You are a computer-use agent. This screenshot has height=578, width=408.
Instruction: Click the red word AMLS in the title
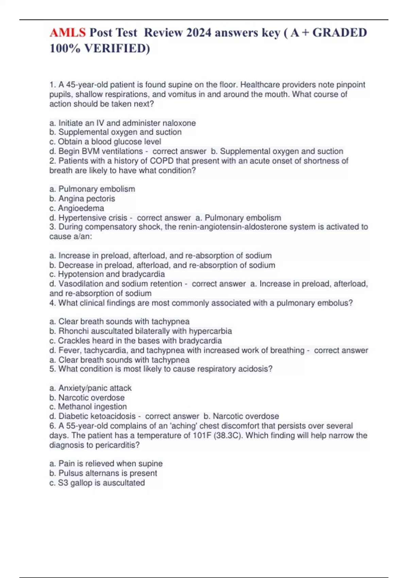(x=67, y=33)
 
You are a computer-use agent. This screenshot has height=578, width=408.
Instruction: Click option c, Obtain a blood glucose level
(x=105, y=141)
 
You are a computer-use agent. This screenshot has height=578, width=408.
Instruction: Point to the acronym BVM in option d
(x=89, y=151)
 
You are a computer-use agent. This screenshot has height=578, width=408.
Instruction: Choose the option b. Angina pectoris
(x=82, y=199)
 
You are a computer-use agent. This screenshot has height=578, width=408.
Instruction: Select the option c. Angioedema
(x=77, y=208)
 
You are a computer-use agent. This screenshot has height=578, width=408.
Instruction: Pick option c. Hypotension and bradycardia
(x=107, y=274)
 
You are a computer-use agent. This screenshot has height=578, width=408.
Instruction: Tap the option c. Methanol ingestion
(x=88, y=407)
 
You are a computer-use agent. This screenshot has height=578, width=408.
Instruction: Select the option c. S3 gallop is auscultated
(x=97, y=483)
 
